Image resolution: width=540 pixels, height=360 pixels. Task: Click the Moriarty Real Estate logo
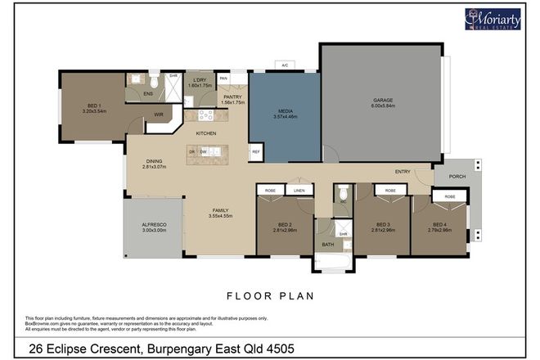click(x=494, y=18)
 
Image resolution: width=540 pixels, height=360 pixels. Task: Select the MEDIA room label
click(x=284, y=113)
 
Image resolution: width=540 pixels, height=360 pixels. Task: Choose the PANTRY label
click(x=233, y=98)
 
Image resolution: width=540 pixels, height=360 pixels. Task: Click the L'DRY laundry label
click(x=200, y=81)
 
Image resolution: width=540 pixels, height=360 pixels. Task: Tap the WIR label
click(x=159, y=115)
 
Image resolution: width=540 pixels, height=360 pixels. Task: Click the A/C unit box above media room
click(x=284, y=64)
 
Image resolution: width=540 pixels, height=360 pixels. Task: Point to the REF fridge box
click(x=255, y=151)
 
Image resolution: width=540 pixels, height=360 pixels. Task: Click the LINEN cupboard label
click(x=299, y=190)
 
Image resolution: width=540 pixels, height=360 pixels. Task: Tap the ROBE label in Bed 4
click(x=450, y=197)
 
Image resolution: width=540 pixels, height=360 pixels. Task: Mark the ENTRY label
click(x=402, y=172)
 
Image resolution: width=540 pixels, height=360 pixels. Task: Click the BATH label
click(x=327, y=244)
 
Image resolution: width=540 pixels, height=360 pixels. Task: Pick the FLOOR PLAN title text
click(x=269, y=296)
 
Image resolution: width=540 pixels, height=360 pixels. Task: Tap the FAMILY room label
click(x=221, y=211)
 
